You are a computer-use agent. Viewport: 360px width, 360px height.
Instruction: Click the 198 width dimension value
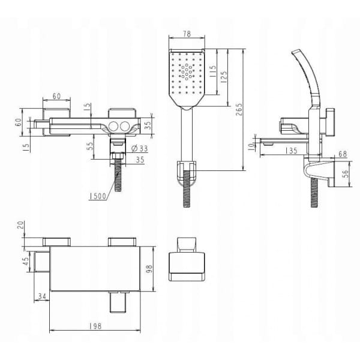click(95, 326)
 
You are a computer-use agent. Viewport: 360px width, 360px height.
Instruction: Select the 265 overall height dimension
click(239, 109)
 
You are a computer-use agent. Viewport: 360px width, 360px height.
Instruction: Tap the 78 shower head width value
click(187, 34)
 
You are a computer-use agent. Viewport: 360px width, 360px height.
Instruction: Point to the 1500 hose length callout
click(98, 196)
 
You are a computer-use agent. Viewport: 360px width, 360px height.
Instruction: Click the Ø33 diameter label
click(140, 149)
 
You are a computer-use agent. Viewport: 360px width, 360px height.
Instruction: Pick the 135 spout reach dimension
click(292, 151)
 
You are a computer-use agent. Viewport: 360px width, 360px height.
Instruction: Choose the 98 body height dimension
click(149, 269)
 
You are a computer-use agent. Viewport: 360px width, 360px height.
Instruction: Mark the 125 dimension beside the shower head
click(223, 76)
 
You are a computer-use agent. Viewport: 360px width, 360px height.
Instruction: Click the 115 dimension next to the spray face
click(213, 71)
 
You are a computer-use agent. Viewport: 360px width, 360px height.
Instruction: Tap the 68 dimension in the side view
click(343, 154)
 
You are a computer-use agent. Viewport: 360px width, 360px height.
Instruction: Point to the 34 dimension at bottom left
click(42, 296)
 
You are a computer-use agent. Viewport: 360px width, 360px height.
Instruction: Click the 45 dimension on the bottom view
click(26, 261)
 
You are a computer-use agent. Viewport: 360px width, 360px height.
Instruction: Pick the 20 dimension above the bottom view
click(20, 226)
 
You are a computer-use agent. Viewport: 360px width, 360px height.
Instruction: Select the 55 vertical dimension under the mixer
click(90, 146)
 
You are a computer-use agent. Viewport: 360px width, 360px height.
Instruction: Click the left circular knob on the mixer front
click(113, 126)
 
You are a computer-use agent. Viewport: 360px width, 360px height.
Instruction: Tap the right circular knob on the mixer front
click(125, 126)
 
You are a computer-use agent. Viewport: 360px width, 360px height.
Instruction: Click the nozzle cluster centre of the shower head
click(187, 72)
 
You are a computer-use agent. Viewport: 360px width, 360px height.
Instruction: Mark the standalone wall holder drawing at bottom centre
click(187, 259)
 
